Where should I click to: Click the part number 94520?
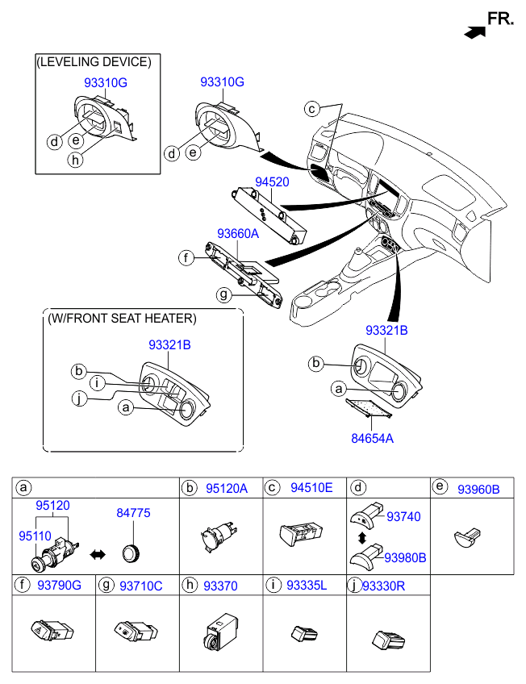click(273, 183)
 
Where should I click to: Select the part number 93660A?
click(237, 234)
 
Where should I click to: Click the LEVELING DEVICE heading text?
click(94, 62)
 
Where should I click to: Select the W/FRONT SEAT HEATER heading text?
click(122, 319)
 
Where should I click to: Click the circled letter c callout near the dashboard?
click(312, 108)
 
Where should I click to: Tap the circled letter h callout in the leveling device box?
click(75, 159)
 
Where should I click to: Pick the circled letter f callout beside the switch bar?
click(186, 258)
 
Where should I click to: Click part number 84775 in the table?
click(133, 513)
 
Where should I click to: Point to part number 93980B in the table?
click(405, 557)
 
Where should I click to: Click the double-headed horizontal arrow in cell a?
click(98, 554)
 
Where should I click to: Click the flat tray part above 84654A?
click(369, 409)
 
